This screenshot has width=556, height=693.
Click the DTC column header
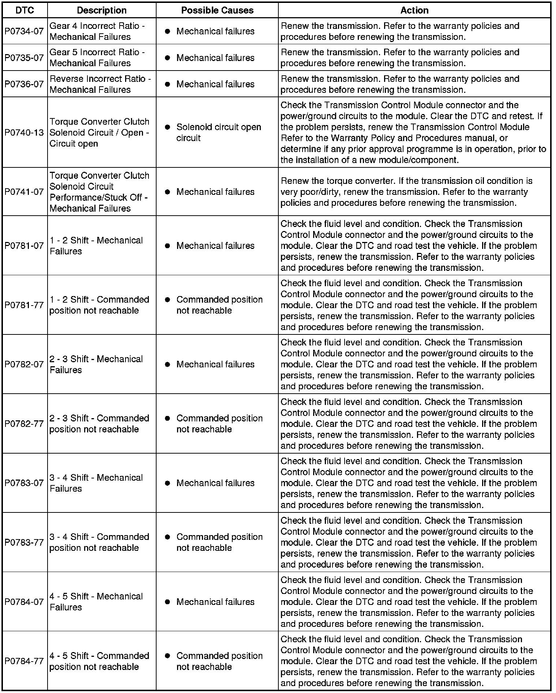25,10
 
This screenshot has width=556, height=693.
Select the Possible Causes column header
217,10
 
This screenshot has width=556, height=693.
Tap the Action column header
414,10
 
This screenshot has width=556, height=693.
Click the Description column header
102,10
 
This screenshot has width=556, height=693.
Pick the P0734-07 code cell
24,31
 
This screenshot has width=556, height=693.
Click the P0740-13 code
24,132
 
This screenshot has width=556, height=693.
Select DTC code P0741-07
24,192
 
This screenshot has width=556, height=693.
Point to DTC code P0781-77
24,305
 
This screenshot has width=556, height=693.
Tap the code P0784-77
24,661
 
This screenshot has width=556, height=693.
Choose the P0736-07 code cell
24,84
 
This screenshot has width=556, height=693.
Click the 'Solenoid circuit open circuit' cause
218,132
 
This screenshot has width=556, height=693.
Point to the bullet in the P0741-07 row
168,192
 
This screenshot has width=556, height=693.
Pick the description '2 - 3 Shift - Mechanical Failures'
96,364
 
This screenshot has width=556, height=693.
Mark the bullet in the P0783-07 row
168,483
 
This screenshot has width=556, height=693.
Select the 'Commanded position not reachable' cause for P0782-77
219,424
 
